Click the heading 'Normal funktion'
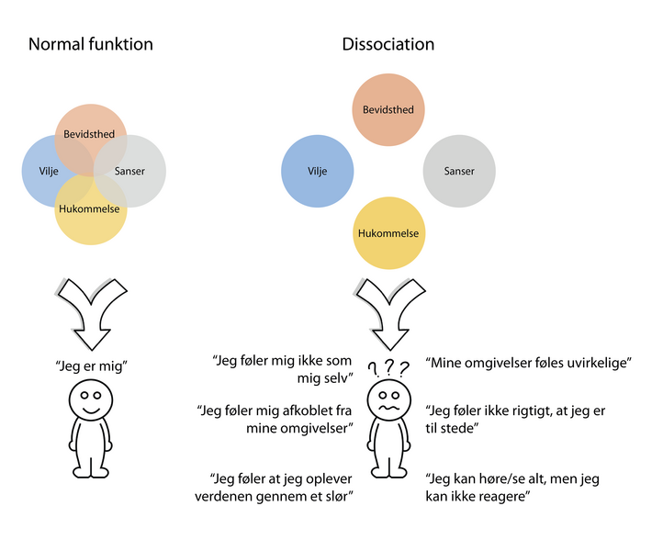[x=91, y=44]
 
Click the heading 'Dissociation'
[x=388, y=44]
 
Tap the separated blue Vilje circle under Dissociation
[x=317, y=171]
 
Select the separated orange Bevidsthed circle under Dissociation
[x=388, y=110]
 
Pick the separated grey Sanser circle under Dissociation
[x=459, y=171]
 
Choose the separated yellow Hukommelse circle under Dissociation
[x=388, y=233]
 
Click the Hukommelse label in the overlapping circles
[x=89, y=208]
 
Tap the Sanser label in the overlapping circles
[x=129, y=171]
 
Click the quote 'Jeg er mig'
[x=90, y=365]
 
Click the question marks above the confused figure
[x=388, y=367]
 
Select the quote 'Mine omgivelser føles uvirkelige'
[x=530, y=364]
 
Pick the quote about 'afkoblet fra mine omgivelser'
[x=276, y=420]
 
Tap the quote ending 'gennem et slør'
[x=282, y=488]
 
